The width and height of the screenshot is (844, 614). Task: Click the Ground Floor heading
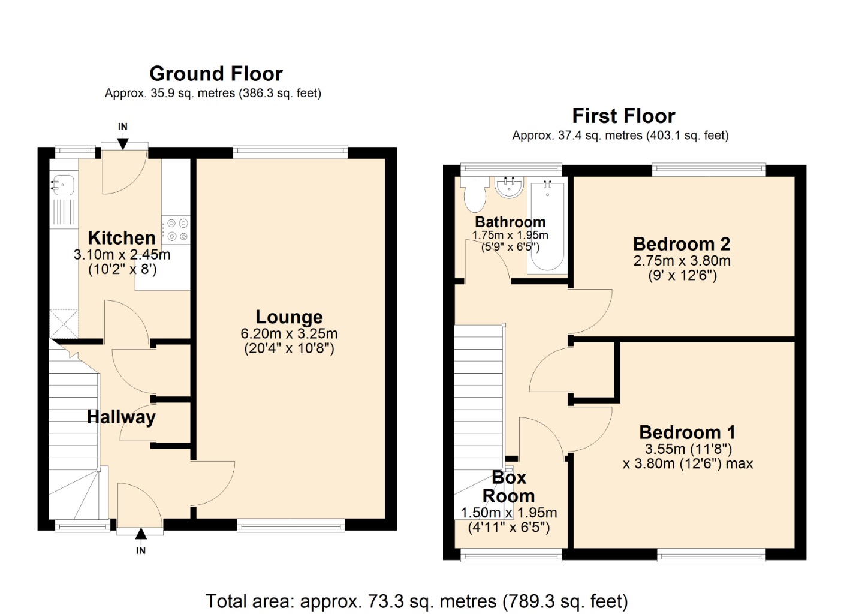pos(216,74)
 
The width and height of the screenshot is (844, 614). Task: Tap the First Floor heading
pos(623,116)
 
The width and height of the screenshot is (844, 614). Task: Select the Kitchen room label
pos(122,238)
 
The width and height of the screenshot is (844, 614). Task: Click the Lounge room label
pos(289,317)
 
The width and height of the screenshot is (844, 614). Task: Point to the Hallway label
pos(121,417)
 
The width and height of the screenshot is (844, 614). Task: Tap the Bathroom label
pos(510,222)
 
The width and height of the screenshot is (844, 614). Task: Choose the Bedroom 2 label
pos(682,244)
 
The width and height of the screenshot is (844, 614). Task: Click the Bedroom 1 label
pos(688,432)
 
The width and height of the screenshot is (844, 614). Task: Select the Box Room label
pos(509,487)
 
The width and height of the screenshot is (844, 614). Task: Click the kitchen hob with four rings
pos(176,230)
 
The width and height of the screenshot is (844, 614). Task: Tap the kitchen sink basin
pos(64,185)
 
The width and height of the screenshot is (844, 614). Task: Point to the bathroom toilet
pos(474,195)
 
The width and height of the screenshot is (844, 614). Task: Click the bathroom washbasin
pos(509,187)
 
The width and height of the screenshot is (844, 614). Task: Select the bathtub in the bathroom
pos(547,226)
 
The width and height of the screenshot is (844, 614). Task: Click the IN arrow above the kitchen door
pos(123,143)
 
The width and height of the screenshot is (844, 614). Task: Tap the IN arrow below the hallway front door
pos(141,534)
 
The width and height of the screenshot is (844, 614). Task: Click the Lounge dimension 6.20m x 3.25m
pos(289,333)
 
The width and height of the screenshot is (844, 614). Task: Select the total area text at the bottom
pos(417,601)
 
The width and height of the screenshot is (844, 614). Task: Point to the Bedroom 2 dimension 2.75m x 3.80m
pos(682,260)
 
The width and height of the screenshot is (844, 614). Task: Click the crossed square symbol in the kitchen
pos(64,323)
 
